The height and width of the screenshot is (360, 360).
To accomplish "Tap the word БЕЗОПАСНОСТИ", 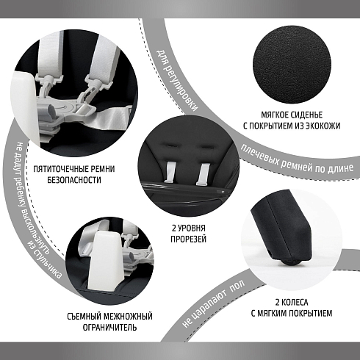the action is point(74,180).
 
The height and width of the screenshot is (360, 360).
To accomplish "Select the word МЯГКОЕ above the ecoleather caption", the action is point(275,115).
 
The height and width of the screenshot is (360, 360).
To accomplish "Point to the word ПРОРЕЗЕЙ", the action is point(189,239).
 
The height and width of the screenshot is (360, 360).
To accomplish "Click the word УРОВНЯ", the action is point(192,228).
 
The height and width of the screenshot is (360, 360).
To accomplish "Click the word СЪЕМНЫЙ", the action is point(84,317).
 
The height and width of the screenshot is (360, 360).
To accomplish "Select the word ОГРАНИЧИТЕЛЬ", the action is point(109,327).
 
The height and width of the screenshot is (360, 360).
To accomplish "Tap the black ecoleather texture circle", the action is point(292,64).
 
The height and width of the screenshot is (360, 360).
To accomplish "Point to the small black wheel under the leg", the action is point(292,262).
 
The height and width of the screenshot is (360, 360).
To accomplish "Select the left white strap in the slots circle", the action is point(170,172).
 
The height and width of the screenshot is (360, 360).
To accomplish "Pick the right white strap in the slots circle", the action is point(202,173).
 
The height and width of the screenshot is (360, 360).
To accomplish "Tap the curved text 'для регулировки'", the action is point(177,80).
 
